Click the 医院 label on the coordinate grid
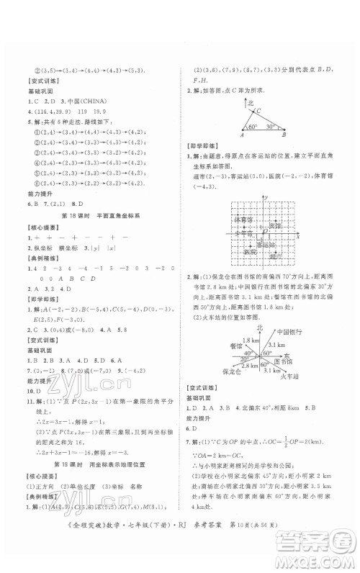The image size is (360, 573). coord(250,252)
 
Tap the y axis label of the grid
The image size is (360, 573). coord(266,197)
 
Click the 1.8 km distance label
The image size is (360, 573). coord(250,340)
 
